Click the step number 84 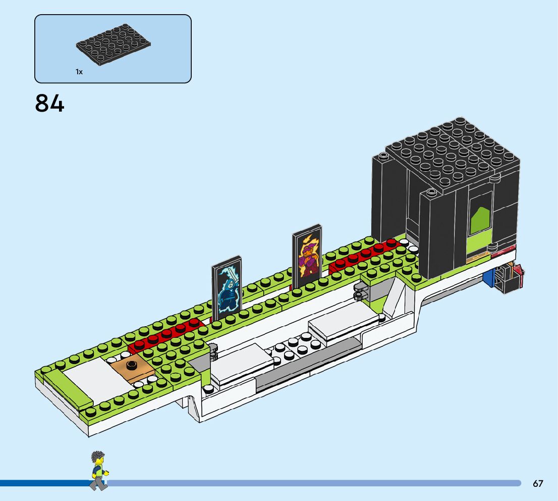(x=49, y=103)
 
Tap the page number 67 (x=538, y=484)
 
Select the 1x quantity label (x=79, y=72)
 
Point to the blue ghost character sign (x=227, y=290)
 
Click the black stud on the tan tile (x=132, y=365)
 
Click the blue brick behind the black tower (x=488, y=278)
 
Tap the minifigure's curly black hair (x=97, y=458)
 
